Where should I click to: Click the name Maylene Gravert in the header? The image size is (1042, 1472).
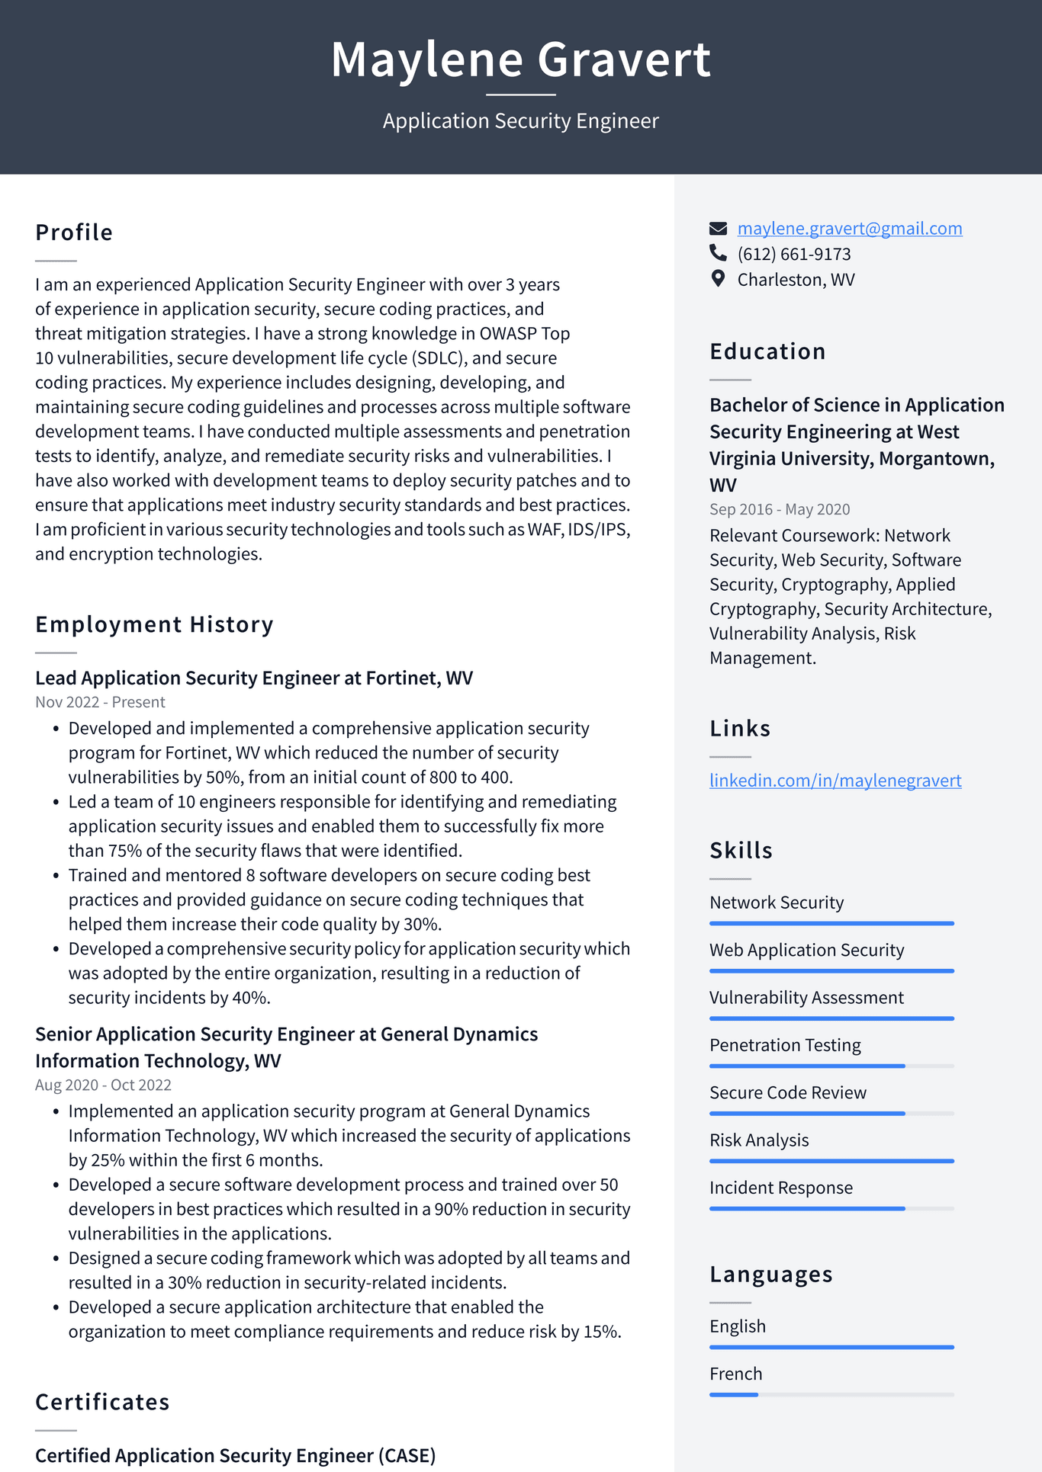(520, 59)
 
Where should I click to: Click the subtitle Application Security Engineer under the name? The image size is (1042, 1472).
(520, 121)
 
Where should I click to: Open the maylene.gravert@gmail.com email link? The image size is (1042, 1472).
(849, 229)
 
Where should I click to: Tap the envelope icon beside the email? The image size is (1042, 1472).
(718, 229)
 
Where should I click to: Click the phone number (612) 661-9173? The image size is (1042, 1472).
(793, 254)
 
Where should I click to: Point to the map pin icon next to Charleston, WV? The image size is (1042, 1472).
(718, 279)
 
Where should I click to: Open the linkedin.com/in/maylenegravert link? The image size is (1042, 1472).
(835, 781)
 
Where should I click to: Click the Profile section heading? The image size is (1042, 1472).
(74, 233)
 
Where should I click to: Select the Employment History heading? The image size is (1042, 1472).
(154, 624)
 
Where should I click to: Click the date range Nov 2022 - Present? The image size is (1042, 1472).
(100, 702)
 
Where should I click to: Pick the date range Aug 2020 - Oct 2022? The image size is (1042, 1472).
(103, 1085)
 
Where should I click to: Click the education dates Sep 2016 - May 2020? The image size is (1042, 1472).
(780, 509)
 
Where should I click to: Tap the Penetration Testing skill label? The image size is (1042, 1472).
(785, 1045)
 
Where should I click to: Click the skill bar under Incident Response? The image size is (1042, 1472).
(831, 1208)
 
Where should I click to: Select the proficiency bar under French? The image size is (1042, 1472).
(831, 1394)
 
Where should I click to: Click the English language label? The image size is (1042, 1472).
(738, 1326)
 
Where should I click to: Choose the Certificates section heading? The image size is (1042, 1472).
(102, 1402)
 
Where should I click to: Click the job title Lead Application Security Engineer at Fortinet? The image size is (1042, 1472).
(254, 678)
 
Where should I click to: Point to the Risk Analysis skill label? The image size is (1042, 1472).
(759, 1140)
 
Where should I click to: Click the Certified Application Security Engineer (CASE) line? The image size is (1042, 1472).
(235, 1455)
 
